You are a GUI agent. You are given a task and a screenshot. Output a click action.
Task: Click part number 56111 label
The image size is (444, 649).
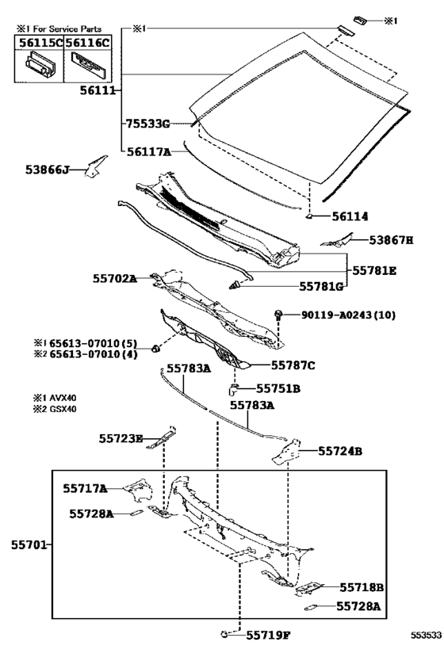[x=98, y=90]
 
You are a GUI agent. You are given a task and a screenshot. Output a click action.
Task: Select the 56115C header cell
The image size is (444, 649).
[x=40, y=42]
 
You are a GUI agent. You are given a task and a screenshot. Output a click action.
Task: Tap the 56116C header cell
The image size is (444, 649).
[x=88, y=42]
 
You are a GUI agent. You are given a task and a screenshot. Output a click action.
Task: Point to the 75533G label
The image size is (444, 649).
[x=147, y=124]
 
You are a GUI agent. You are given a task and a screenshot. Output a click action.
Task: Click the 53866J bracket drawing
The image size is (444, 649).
[x=95, y=166]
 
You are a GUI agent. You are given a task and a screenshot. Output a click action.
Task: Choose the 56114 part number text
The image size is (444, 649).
[x=350, y=216]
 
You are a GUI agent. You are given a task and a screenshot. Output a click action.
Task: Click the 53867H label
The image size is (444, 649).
[x=391, y=240]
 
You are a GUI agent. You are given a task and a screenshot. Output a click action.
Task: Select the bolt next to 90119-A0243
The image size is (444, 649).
[x=279, y=315]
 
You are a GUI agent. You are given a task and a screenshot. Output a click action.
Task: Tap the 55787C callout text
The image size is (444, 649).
[x=293, y=365]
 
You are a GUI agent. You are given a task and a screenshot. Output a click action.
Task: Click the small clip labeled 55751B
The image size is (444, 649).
[x=233, y=389]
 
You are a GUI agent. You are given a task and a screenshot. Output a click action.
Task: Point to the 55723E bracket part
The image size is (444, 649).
[x=163, y=438]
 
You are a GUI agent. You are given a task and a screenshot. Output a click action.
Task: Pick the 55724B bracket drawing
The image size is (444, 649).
[x=286, y=452]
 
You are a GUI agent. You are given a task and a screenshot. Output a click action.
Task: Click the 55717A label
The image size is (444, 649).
[x=85, y=488]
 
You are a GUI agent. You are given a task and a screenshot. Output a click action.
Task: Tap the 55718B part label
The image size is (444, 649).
[x=362, y=587]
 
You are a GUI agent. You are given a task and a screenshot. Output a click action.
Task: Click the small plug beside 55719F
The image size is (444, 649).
[x=224, y=633]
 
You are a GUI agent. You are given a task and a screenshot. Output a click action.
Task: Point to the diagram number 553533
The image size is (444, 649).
[x=426, y=635]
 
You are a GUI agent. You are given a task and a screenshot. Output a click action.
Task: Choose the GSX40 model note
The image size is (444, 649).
[x=55, y=409]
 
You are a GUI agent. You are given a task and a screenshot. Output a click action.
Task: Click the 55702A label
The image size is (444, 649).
[x=115, y=279]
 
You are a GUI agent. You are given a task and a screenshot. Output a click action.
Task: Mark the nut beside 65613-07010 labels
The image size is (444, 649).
[x=155, y=349]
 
